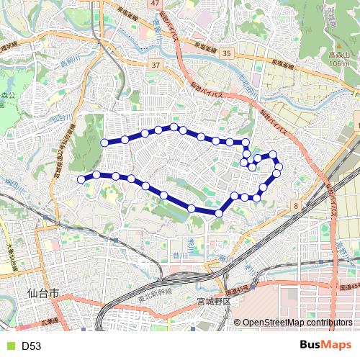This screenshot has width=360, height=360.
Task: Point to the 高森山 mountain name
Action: (x=334, y=55)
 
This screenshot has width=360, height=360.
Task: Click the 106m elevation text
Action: (x=334, y=63)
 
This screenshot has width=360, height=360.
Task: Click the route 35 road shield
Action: (x=227, y=54)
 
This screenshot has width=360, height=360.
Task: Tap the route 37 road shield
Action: (x=154, y=66)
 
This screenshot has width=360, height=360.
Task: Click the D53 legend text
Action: (x=31, y=346)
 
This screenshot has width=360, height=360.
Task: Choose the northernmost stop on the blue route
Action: (x=174, y=127)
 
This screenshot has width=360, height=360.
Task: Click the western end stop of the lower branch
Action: (x=81, y=179)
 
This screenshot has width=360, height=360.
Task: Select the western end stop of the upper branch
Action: (x=104, y=143)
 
